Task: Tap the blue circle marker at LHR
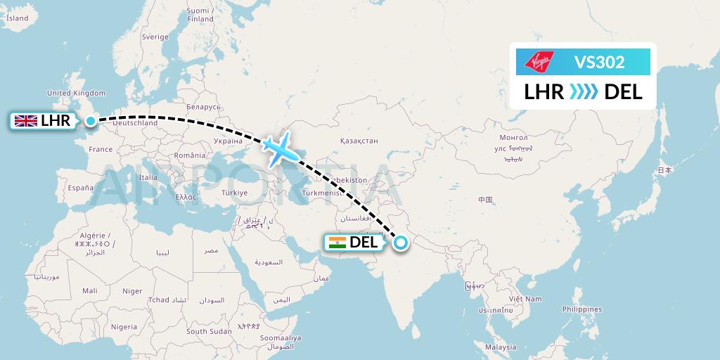point(91,121)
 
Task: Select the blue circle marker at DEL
point(400,243)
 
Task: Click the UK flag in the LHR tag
point(26,121)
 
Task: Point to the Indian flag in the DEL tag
point(337,243)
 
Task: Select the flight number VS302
point(599,62)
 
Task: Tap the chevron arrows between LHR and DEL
point(584,92)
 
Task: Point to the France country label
point(101,149)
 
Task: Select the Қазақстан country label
point(359,142)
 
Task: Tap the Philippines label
point(582,309)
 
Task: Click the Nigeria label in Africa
point(123,327)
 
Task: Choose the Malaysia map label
point(500,347)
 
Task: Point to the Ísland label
point(17,19)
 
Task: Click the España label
point(80,188)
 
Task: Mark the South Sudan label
point(209,331)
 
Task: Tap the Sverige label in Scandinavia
point(155,37)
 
